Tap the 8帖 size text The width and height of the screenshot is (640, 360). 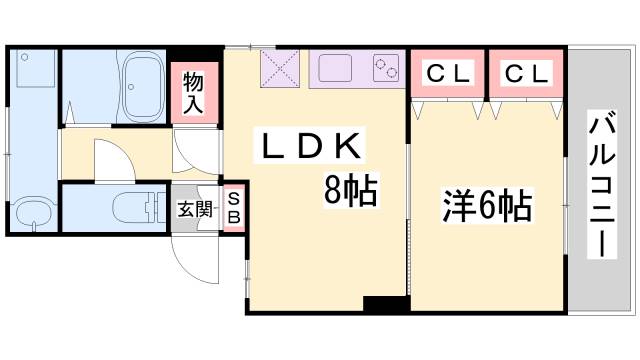pos(349,189)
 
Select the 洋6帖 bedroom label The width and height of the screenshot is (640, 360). pos(487,207)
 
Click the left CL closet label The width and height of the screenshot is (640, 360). pos(448,73)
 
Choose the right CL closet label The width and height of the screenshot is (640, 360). pos(526,73)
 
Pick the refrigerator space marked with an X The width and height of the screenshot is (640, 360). pos(280,70)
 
